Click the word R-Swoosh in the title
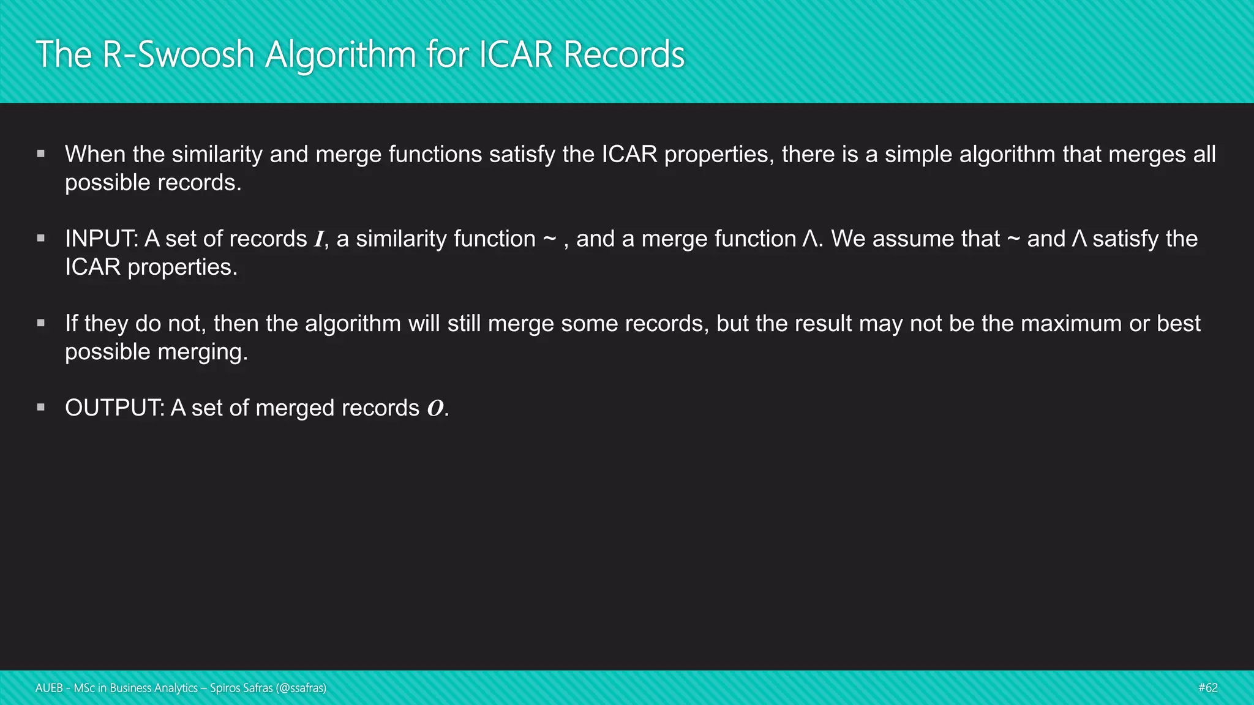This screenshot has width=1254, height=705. pos(178,55)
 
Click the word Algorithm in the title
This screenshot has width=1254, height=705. pos(340,55)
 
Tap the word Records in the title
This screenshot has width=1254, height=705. pos(623,55)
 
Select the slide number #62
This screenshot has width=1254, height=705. pos(1207,688)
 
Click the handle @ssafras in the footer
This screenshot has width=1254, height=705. pos(301,688)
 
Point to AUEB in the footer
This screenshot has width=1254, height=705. pos(49,688)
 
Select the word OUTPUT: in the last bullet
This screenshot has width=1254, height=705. pos(115,408)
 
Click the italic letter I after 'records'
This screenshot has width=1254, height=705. pos(318,239)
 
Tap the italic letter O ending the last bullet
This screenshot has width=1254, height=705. pos(435,408)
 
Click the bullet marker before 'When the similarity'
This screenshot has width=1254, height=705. pos(41,154)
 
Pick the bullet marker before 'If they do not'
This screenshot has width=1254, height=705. pos(41,323)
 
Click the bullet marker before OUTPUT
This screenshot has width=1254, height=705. pos(41,407)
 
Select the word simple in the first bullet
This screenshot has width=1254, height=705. pos(918,154)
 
